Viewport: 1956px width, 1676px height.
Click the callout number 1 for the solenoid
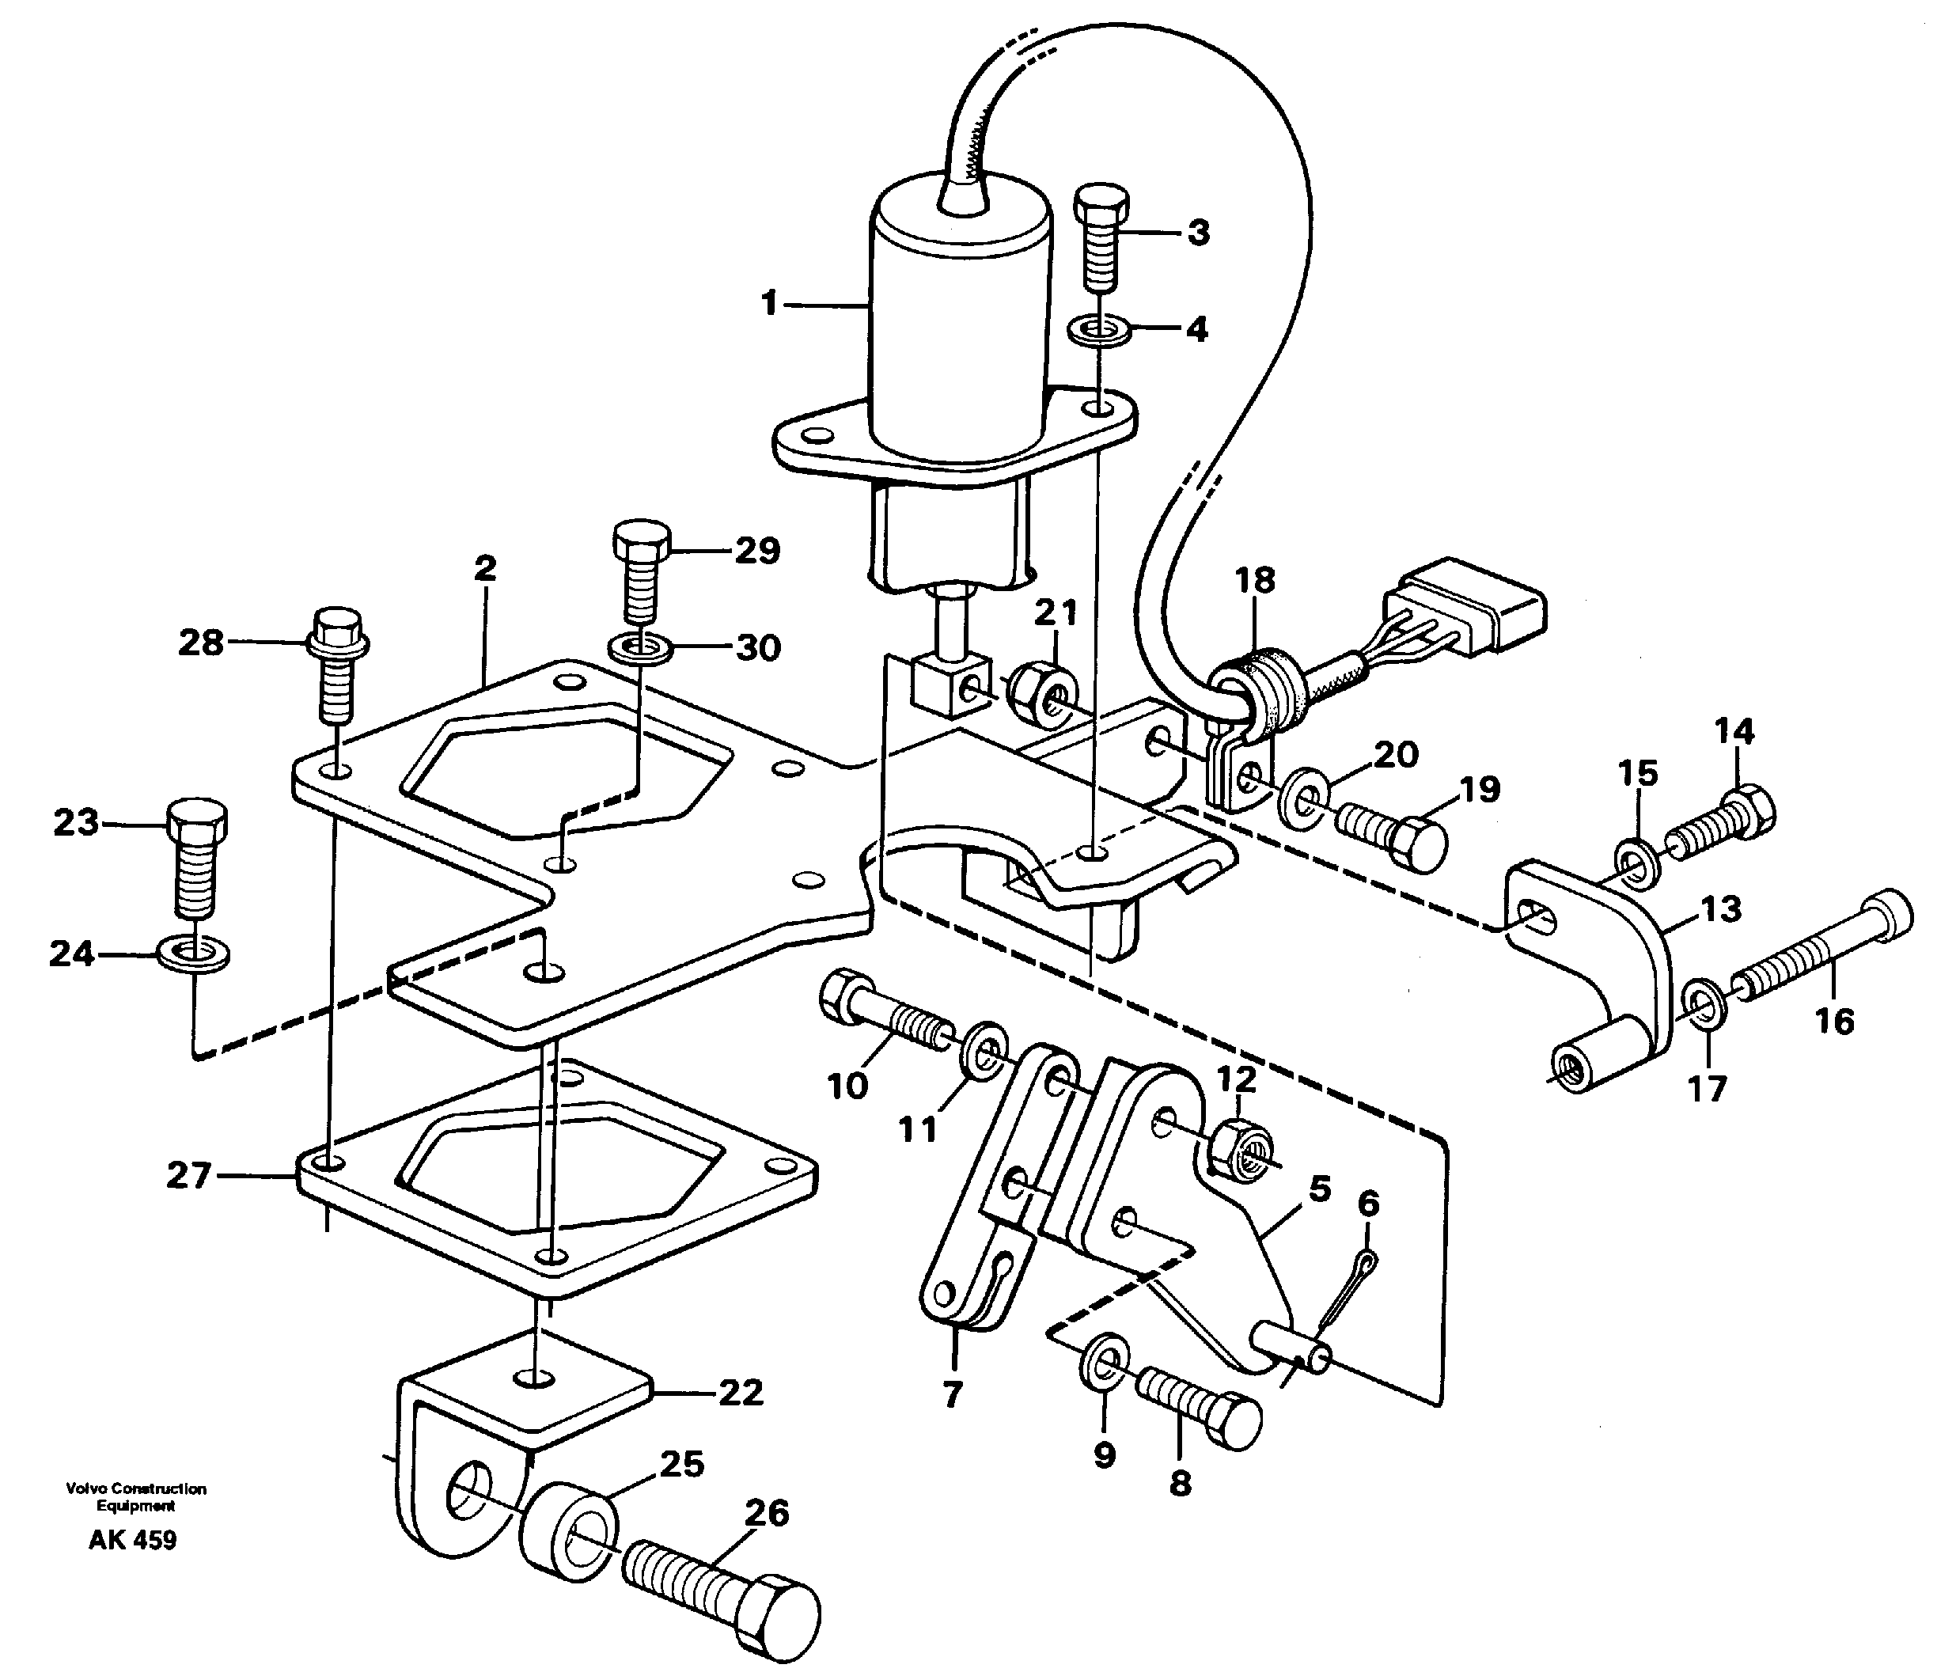coord(769,304)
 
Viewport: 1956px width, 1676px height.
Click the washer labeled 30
coord(641,648)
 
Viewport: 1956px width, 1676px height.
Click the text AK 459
coord(132,1541)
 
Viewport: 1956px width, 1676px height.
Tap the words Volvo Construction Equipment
coord(135,1496)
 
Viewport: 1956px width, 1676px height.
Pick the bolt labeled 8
coord(1199,1413)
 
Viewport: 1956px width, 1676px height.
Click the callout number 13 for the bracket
coord(1720,909)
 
